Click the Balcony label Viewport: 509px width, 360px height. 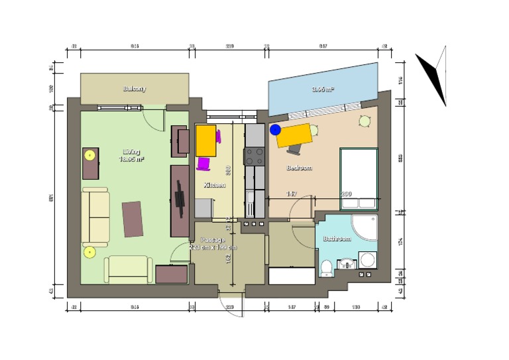click(x=134, y=88)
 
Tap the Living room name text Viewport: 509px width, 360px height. click(x=131, y=152)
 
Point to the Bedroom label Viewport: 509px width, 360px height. click(x=299, y=168)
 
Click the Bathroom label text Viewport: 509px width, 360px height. click(x=337, y=238)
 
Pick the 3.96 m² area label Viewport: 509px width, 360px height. click(x=323, y=88)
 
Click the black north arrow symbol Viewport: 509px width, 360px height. click(x=433, y=74)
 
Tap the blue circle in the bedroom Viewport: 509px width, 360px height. click(x=275, y=130)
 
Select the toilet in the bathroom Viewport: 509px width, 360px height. click(x=326, y=267)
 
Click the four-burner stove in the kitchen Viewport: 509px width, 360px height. click(x=255, y=157)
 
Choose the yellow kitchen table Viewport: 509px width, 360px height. click(x=206, y=140)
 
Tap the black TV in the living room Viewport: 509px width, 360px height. click(x=179, y=199)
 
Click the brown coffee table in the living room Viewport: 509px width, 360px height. click(x=132, y=219)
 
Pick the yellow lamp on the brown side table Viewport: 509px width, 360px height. click(x=89, y=155)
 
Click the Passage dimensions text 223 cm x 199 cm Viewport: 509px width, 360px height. click(x=212, y=247)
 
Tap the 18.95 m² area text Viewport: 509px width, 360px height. click(x=131, y=159)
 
